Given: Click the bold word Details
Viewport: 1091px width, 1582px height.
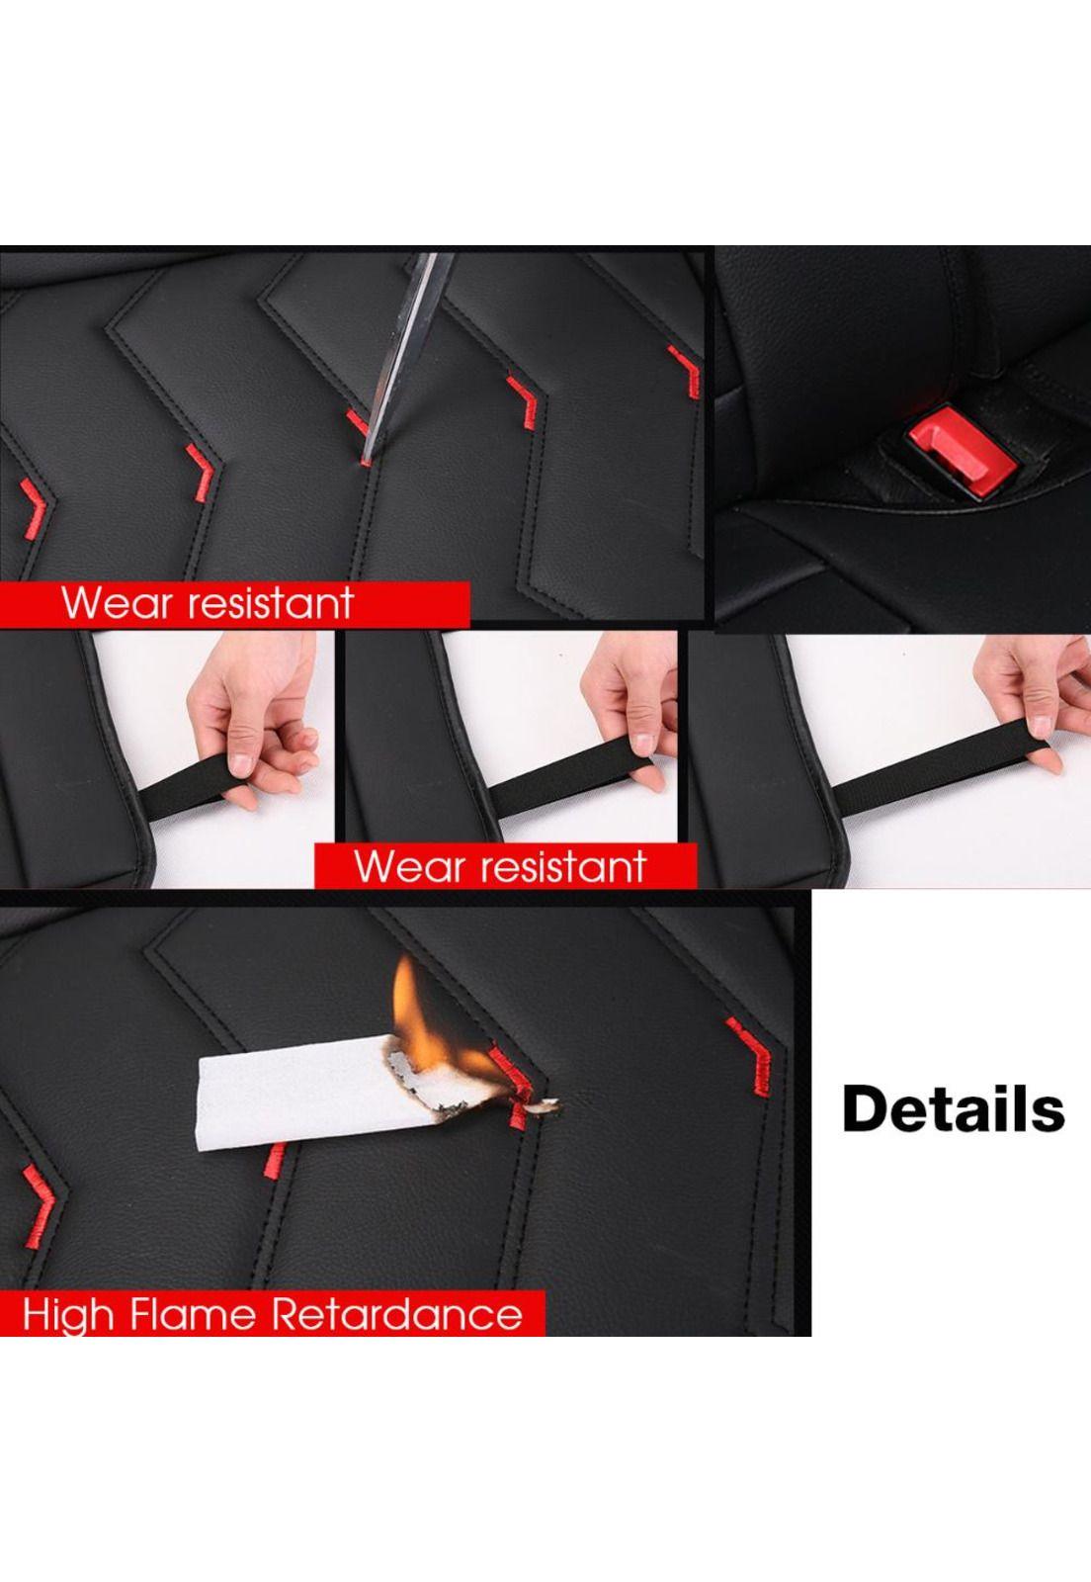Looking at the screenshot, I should [x=953, y=1109].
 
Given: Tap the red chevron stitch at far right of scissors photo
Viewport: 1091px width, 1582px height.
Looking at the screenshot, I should [x=686, y=373].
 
